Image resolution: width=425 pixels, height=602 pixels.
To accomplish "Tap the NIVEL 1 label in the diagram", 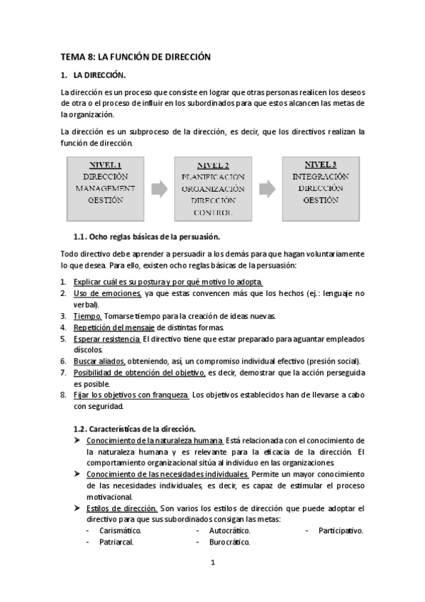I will coord(105,163).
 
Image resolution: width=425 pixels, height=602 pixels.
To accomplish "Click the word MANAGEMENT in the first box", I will coord(105,188).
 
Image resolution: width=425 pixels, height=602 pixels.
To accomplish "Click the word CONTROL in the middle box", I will coord(213,212).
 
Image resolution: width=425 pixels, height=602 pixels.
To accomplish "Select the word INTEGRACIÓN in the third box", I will coord(321,175).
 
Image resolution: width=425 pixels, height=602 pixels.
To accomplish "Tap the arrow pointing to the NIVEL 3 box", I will coord(267,188).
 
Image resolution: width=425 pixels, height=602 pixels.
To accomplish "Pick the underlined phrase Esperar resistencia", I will coord(106,339).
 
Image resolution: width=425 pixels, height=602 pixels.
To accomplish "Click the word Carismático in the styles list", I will coord(120,530).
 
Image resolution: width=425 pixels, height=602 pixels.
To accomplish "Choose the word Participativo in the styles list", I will coord(341,530).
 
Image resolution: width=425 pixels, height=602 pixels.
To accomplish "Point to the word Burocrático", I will coord(230,542).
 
